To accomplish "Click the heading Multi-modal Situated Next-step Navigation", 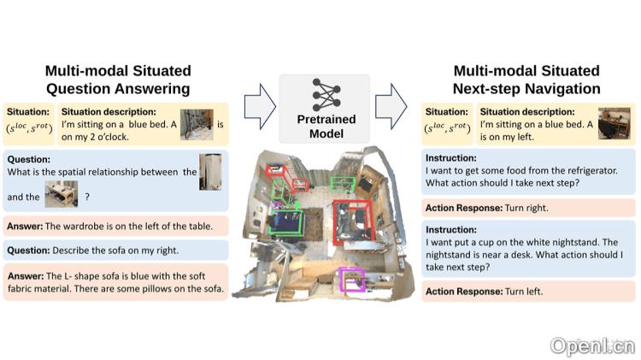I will [526, 79].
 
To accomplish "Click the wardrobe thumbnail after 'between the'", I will [209, 172].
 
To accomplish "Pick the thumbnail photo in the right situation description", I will [615, 124].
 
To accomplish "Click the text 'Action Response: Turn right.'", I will [487, 208].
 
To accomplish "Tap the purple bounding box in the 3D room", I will [352, 280].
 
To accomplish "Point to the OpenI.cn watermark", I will [591, 345].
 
